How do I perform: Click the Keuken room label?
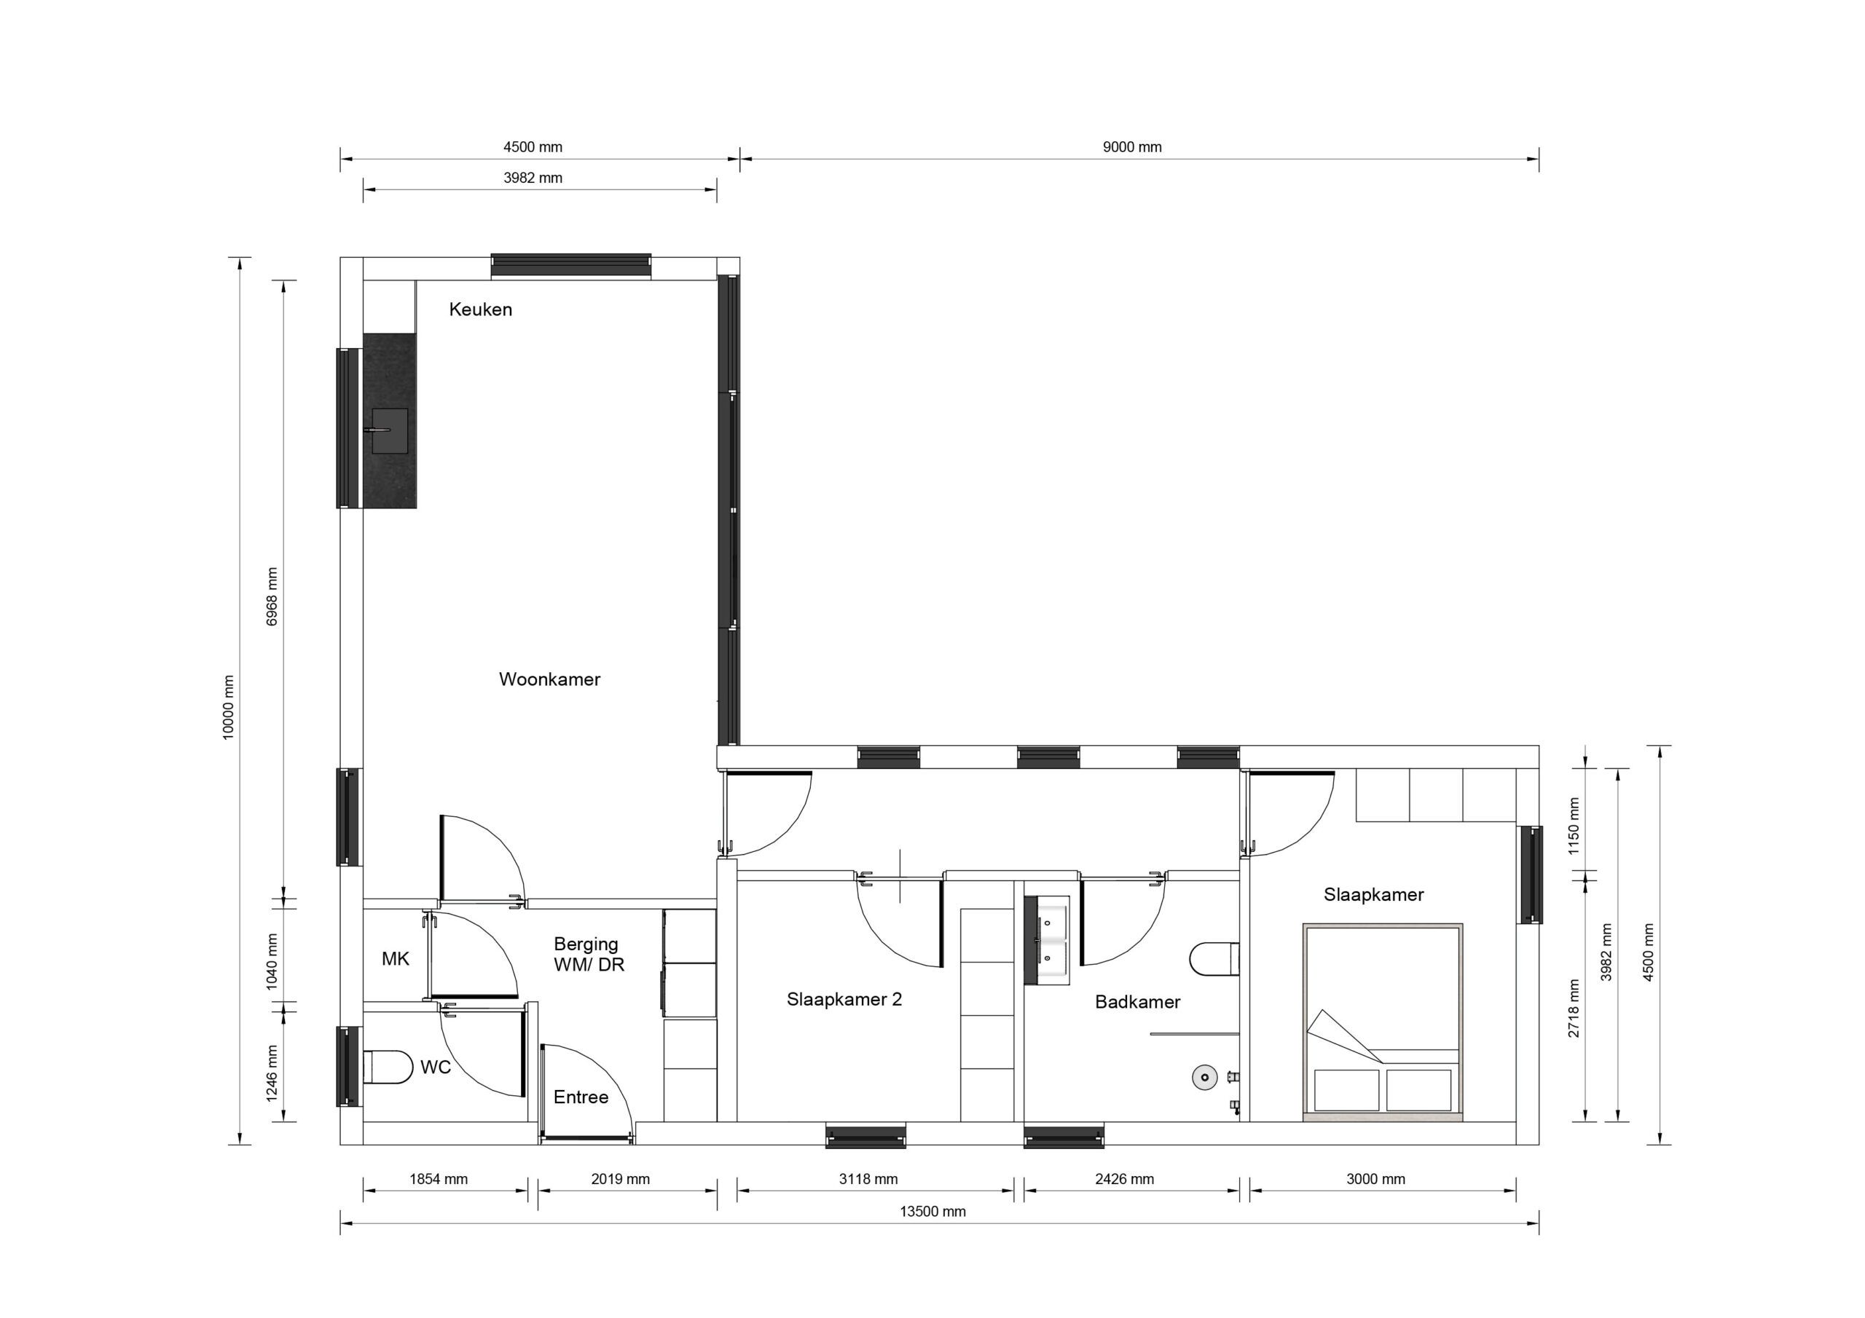(x=480, y=309)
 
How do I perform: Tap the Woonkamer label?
(x=549, y=679)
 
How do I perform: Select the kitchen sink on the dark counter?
(x=390, y=430)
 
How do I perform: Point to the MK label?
(x=396, y=959)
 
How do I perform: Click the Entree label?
(x=581, y=1098)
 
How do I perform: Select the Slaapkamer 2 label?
(x=844, y=1000)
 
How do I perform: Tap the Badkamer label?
(x=1137, y=1002)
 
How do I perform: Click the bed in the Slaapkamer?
(x=1383, y=1023)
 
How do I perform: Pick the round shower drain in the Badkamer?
(x=1205, y=1078)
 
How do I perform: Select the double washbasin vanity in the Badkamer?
(x=1047, y=940)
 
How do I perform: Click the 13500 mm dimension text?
(x=932, y=1212)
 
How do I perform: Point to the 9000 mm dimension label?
(x=1131, y=147)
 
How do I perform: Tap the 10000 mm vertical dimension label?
(x=228, y=706)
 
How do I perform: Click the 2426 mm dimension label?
(x=1124, y=1179)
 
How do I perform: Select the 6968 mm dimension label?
(x=272, y=597)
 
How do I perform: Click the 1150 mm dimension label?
(x=1574, y=826)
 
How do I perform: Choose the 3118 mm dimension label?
(x=868, y=1179)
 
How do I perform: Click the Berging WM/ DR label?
(x=589, y=955)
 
